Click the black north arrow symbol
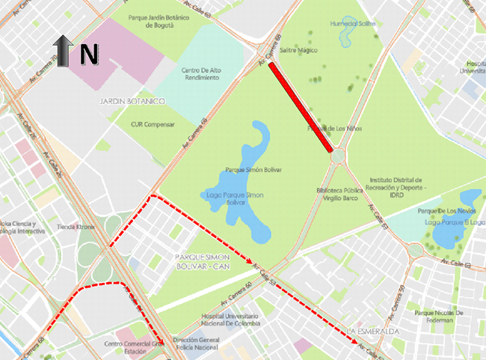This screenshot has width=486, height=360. tap(63, 53)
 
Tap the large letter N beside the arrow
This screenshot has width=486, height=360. tap(89, 53)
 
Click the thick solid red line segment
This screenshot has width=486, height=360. tap(300, 106)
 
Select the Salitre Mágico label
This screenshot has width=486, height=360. tap(298, 50)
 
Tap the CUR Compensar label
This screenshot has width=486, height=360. tap(152, 124)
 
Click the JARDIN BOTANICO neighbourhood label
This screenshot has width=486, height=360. tap(130, 100)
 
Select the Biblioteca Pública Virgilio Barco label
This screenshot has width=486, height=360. tap(341, 195)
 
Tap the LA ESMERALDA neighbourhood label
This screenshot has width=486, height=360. tap(370, 330)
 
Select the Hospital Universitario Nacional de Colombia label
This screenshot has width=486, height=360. tap(230, 320)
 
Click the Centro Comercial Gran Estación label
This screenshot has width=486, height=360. tap(133, 348)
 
